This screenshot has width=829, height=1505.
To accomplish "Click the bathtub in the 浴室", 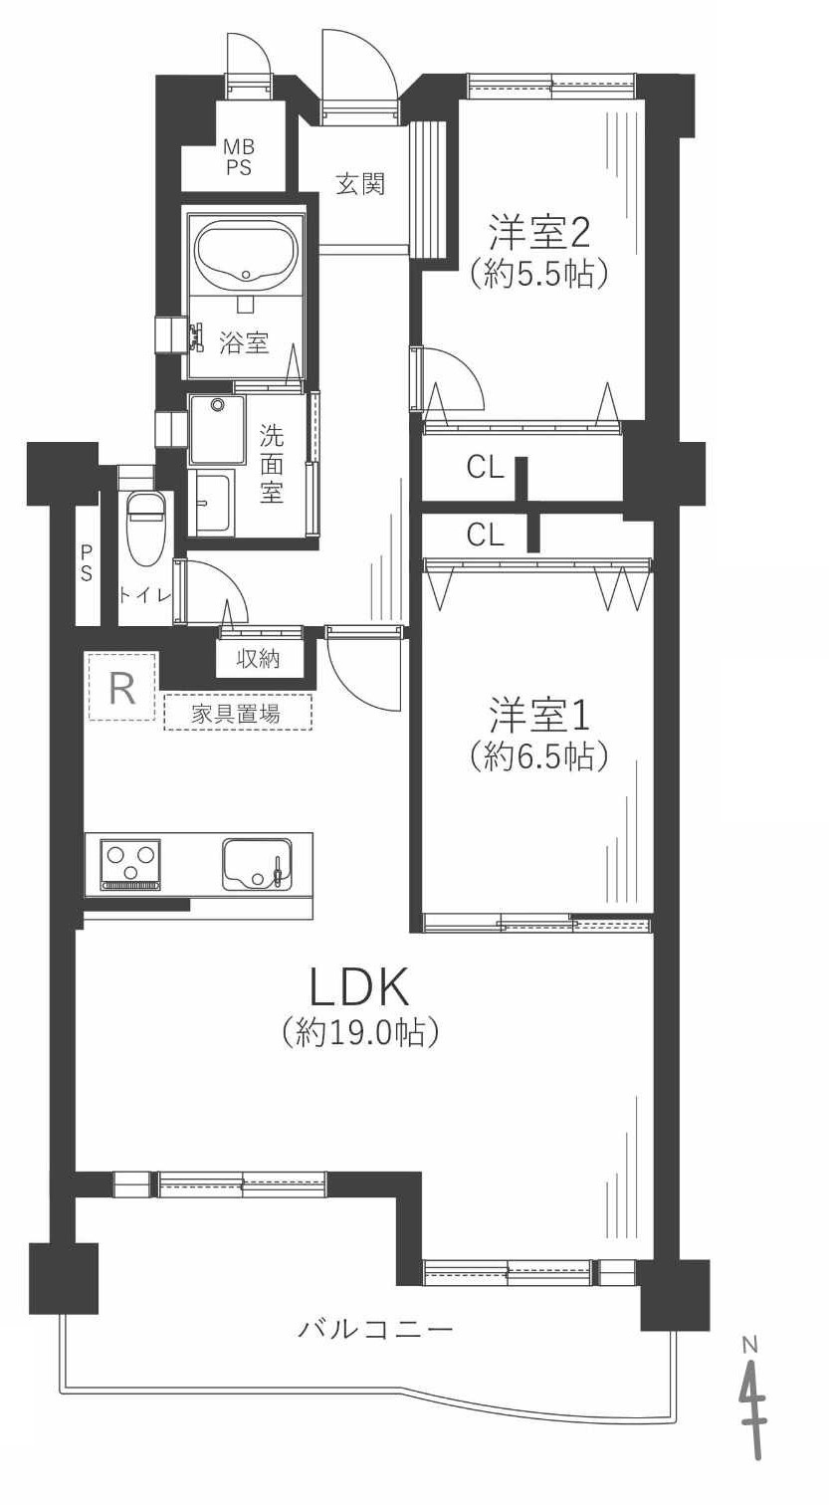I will pos(246,253).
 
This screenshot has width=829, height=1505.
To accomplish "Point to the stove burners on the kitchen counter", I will pos(130,863).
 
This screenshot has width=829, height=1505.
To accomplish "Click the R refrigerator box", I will pos(122,687).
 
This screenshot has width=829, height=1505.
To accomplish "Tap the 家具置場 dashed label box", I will pos(237,713).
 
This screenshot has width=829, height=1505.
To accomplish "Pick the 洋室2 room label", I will pos(538,232).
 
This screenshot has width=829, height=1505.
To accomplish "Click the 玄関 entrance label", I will pos(359,183).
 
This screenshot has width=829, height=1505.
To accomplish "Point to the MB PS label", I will pos(238,157).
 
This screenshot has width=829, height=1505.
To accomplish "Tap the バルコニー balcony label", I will pos(376,1328).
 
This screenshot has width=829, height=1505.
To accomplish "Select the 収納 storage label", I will pos(258,658).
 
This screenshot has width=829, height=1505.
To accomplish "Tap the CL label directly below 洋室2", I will pos(485,468).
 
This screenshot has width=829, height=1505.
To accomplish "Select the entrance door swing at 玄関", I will pos(358,64).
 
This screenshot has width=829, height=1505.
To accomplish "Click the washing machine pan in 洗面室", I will pos(216,429).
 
